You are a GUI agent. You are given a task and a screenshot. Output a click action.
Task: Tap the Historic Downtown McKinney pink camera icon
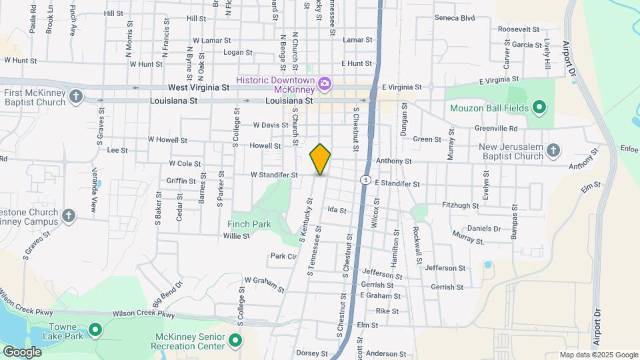point(325,83)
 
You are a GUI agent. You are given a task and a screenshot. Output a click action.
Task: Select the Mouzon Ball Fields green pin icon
point(540,108)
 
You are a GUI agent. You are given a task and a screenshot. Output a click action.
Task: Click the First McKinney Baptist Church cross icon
point(76,97)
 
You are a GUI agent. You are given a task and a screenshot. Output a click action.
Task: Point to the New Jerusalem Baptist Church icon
point(553,151)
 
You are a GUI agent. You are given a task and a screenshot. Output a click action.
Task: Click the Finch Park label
point(249,224)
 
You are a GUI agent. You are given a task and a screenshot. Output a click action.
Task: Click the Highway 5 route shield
point(365,180)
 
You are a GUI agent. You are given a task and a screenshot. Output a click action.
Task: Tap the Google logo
point(22,351)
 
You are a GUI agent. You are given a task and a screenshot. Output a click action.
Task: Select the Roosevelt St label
point(518,29)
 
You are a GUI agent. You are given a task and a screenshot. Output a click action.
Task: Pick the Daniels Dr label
point(483,228)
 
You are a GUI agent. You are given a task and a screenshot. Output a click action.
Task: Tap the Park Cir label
point(283,256)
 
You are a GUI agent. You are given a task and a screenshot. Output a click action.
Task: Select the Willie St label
point(236,236)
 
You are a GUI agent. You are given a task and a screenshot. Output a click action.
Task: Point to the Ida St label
point(337,210)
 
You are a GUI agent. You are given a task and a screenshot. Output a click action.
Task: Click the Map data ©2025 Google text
point(597,355)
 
